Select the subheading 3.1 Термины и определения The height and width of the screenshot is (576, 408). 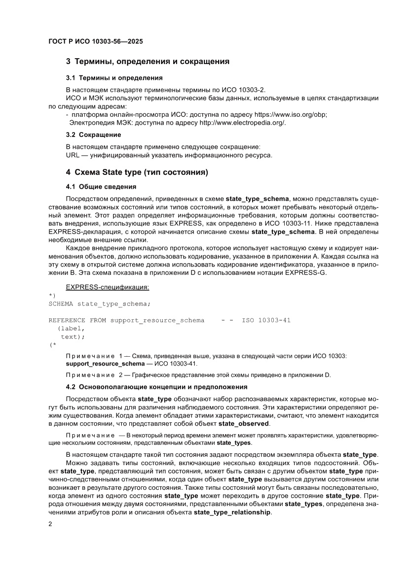point(114,78)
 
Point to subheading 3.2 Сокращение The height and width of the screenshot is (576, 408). point(93,135)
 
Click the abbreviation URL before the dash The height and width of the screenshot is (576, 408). point(73,155)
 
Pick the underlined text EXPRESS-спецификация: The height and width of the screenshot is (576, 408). point(108,287)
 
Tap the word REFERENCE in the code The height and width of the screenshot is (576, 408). point(67,320)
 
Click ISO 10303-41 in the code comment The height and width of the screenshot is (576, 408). point(266,320)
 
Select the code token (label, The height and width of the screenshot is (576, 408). point(71,329)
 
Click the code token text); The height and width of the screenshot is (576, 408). point(73,337)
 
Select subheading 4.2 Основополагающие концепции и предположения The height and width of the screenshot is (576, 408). point(156,387)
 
